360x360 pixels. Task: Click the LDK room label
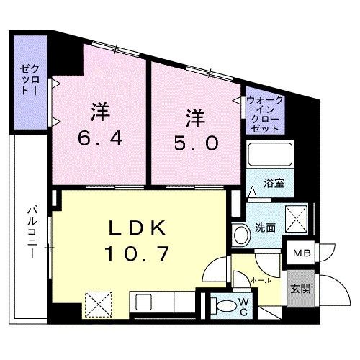(138, 230)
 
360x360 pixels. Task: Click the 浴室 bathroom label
(274, 183)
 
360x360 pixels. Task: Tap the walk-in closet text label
(264, 113)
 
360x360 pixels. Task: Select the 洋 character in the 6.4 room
(99, 113)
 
